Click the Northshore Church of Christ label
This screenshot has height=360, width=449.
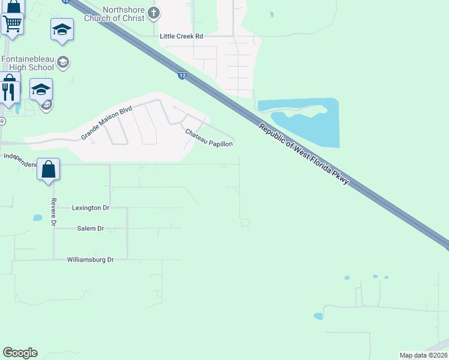[124, 14]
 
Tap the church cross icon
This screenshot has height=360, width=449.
[154, 13]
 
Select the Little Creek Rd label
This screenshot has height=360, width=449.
[181, 37]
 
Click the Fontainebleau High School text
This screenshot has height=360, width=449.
[28, 63]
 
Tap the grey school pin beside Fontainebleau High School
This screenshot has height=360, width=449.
[63, 62]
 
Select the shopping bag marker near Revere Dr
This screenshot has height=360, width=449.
[48, 169]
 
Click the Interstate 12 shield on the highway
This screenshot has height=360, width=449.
[181, 75]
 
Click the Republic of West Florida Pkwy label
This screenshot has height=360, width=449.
[304, 153]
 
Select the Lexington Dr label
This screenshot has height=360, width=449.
[91, 208]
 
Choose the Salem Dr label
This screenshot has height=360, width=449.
[91, 229]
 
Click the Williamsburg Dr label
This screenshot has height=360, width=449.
[90, 260]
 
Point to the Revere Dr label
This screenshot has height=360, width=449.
[53, 212]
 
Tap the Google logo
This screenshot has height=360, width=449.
[20, 353]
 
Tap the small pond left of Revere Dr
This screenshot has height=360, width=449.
[37, 218]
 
